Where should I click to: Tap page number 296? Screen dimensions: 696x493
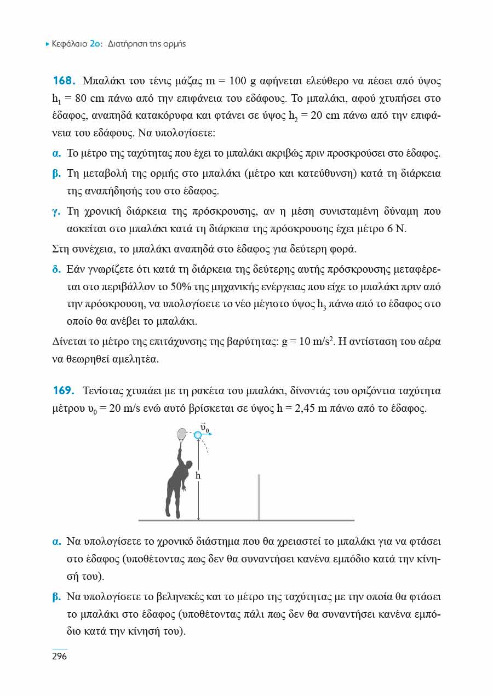pyautogui.click(x=59, y=656)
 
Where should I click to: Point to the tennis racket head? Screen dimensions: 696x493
pyautogui.click(x=181, y=433)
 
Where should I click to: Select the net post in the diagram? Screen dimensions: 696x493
pyautogui.click(x=259, y=497)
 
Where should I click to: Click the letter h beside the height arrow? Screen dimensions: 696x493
pyautogui.click(x=198, y=476)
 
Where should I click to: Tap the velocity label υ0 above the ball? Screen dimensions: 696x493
pyautogui.click(x=205, y=426)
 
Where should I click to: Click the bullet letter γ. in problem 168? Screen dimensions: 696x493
pyautogui.click(x=55, y=211)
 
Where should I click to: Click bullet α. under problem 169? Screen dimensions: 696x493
pyautogui.click(x=55, y=542)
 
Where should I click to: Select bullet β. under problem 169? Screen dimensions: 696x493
pyautogui.click(x=55, y=596)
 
